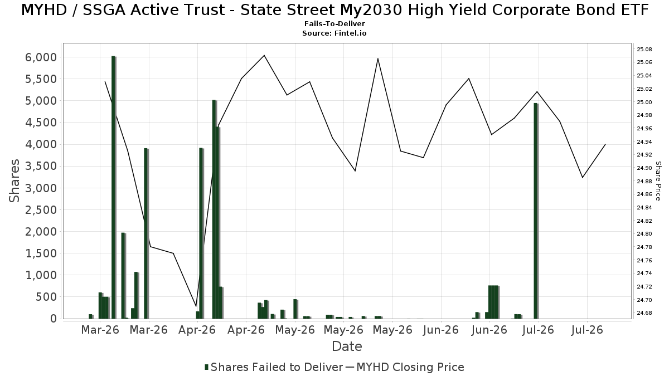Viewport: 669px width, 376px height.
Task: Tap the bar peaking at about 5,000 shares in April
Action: click(214, 209)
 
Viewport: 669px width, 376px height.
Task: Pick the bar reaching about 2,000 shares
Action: click(123, 276)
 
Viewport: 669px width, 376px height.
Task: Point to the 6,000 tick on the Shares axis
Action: click(41, 57)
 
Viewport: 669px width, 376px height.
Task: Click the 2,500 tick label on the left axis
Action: click(41, 210)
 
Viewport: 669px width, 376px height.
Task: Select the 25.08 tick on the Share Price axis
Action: click(644, 49)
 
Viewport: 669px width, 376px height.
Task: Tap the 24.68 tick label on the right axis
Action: click(644, 312)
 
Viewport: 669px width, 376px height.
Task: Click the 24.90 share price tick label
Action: click(644, 168)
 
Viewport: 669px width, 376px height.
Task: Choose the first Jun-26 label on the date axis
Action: click(440, 330)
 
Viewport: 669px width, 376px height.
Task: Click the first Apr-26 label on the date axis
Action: click(197, 330)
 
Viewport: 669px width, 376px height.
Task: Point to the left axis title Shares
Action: click(14, 181)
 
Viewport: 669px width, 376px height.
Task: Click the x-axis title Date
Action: click(347, 346)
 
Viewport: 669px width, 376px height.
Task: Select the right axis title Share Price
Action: click(658, 181)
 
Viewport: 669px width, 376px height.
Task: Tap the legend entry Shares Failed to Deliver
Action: click(274, 367)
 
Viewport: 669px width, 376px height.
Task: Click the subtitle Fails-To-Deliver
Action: click(334, 24)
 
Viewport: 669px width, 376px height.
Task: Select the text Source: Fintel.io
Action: click(334, 33)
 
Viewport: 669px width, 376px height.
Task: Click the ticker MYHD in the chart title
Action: click(44, 10)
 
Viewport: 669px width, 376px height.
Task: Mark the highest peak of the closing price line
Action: click(264, 55)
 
